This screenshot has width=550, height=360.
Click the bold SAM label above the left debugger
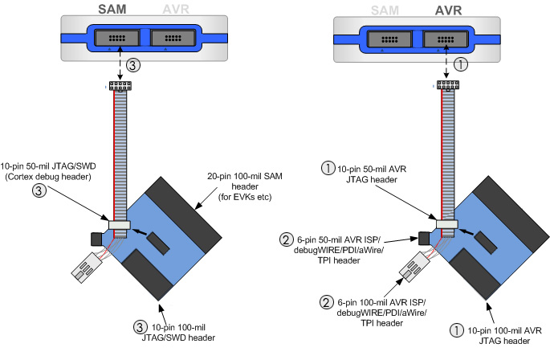111,9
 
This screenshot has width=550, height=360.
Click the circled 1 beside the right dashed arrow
460,63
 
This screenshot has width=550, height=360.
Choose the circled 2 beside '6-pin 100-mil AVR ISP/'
325,302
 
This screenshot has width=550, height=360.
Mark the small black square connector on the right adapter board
422,237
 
